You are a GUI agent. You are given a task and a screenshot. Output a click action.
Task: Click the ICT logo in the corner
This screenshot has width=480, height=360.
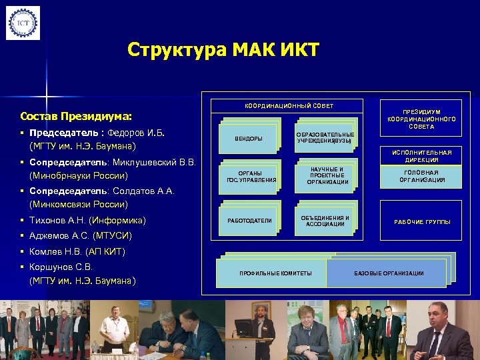tap(23, 23)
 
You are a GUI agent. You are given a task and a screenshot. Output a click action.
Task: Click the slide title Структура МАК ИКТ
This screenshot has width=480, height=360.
tap(223, 50)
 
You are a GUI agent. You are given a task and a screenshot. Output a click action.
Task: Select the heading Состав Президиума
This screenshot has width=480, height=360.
tap(76, 115)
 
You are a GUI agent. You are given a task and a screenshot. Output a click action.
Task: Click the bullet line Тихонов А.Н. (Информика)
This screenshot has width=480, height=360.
tap(87, 220)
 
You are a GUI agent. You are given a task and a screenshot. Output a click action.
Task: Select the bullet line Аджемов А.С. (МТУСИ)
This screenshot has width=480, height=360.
tap(80, 236)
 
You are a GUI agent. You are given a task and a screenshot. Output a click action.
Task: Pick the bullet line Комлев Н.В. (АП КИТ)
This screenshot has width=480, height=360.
tap(77, 252)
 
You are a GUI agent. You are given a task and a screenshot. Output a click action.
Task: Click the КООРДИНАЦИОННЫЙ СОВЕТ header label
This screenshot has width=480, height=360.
tap(289, 106)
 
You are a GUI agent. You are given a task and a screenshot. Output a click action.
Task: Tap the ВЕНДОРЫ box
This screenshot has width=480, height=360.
tap(249, 138)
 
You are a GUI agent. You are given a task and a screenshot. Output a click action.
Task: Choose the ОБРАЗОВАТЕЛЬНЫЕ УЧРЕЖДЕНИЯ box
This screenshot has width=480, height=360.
tap(325, 137)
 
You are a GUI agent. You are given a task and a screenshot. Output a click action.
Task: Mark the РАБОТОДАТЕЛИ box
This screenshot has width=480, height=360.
tap(249, 220)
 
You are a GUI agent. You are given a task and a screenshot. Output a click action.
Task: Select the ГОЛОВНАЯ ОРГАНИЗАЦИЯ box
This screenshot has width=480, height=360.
tap(421, 176)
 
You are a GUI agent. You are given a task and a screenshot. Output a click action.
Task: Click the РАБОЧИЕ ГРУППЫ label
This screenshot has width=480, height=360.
tap(421, 221)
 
